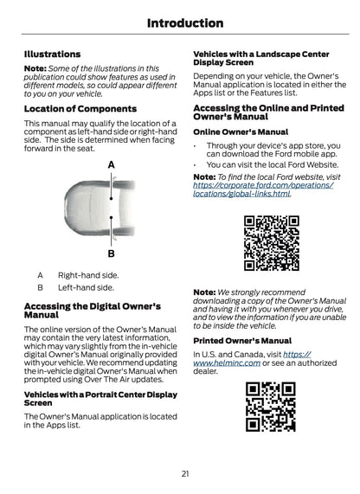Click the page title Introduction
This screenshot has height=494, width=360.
coord(185,23)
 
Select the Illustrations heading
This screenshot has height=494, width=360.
coord(52,55)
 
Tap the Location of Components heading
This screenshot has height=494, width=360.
coord(80,109)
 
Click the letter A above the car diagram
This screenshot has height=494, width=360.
coord(112,164)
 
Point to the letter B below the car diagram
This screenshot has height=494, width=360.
coord(112,253)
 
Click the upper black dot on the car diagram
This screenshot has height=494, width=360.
coord(112,198)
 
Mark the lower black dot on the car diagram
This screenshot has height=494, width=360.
coord(112,217)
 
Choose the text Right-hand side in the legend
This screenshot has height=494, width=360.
coord(88,275)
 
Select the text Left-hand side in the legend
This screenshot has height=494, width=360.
coord(86,287)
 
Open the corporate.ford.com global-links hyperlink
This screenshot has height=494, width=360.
coord(263,189)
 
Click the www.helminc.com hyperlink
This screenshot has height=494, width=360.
coord(252,359)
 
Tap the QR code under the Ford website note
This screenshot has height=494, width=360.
coord(272,243)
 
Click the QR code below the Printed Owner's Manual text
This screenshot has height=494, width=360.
coord(271,407)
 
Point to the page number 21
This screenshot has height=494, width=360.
coord(185,473)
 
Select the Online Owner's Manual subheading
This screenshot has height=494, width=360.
coord(241,132)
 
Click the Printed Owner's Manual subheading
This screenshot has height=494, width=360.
coord(242,341)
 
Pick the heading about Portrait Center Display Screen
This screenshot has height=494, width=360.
coord(100,399)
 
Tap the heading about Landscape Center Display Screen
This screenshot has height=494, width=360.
coord(261,58)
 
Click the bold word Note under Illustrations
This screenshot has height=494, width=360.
coord(35,68)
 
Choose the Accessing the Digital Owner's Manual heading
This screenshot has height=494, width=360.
coord(93,311)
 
